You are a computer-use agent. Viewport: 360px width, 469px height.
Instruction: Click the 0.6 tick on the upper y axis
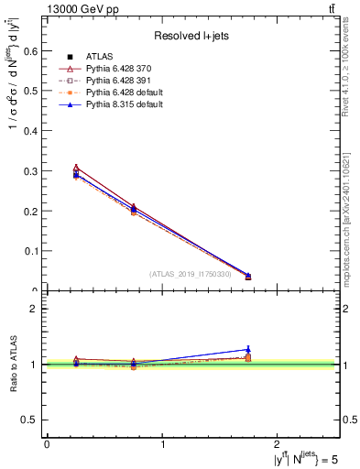pos(35,51)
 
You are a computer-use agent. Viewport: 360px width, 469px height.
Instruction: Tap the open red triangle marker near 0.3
pos(76,168)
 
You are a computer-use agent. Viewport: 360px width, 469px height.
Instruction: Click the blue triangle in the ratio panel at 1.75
pos(248,349)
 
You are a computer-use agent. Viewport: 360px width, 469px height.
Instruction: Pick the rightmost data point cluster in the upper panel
pos(248,276)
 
